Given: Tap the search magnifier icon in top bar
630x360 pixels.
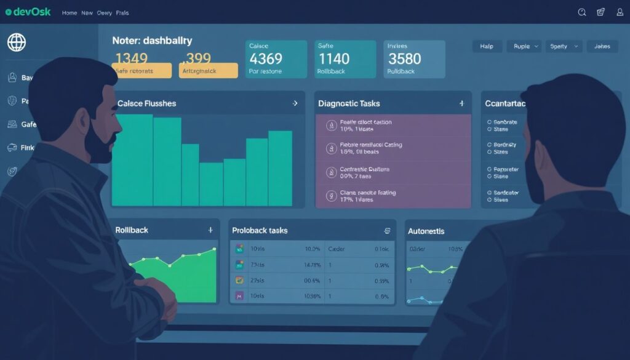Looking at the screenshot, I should click(x=582, y=12).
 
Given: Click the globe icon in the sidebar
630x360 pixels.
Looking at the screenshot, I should click(x=17, y=42).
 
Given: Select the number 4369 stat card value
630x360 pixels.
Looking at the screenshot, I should click(x=265, y=58).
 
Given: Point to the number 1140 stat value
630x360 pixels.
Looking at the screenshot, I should click(x=333, y=58).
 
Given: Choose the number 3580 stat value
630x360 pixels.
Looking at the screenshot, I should click(x=404, y=58).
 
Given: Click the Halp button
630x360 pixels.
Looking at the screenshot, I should click(x=487, y=46).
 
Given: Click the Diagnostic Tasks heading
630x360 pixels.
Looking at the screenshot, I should click(x=349, y=103).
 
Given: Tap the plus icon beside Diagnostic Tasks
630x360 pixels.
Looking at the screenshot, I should click(x=461, y=103).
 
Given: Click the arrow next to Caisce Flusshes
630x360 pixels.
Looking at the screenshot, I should click(x=295, y=103).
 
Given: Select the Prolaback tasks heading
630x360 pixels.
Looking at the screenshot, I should click(x=260, y=230).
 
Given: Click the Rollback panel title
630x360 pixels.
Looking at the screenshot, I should click(x=132, y=230).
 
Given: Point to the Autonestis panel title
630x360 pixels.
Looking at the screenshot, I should click(x=426, y=231).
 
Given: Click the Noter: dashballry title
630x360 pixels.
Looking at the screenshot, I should click(x=152, y=41).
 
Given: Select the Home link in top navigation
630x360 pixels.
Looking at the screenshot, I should click(x=70, y=12).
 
